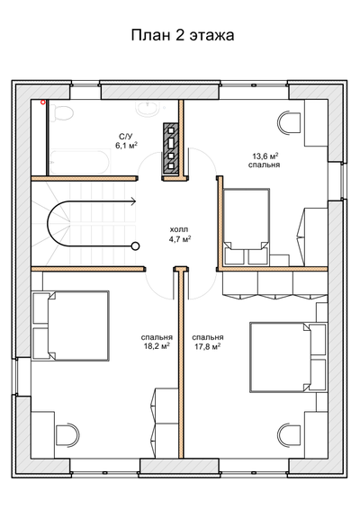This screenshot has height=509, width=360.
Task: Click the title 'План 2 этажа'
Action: (x=183, y=35)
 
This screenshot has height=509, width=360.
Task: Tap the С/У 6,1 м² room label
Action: (x=126, y=141)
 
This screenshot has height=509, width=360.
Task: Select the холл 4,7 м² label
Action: (x=179, y=235)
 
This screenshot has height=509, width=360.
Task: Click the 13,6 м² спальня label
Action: (x=265, y=160)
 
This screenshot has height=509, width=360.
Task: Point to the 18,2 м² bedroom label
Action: (x=157, y=342)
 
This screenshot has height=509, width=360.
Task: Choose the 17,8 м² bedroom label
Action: (x=208, y=342)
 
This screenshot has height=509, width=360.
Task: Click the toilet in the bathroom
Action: (x=62, y=113)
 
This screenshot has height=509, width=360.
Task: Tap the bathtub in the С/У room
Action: (x=80, y=162)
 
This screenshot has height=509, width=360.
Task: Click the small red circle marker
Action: (x=42, y=103)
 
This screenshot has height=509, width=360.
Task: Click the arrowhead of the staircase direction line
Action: (x=133, y=201)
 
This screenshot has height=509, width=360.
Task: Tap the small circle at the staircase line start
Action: (x=136, y=246)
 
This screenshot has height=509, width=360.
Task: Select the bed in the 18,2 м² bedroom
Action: (x=78, y=326)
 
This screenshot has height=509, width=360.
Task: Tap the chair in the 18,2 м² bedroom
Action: (x=67, y=434)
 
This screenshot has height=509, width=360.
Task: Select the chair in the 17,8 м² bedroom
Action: (x=289, y=434)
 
